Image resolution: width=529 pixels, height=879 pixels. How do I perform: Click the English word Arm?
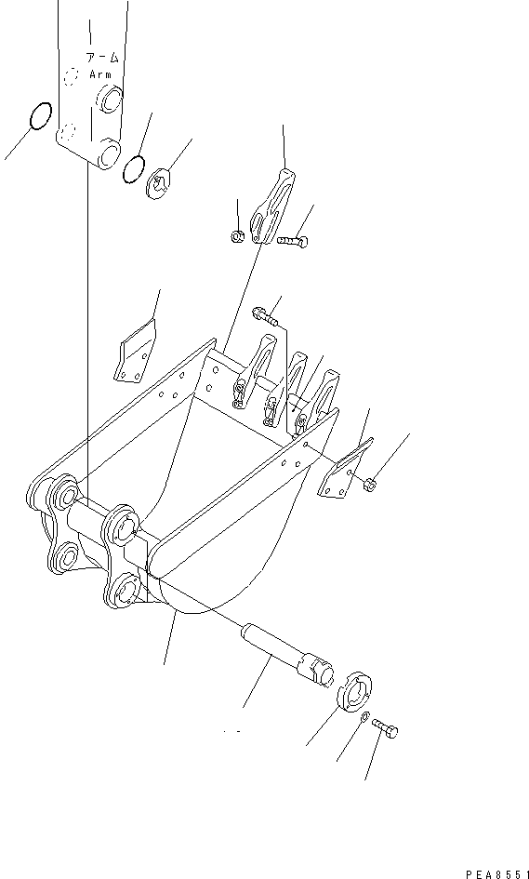tap(99, 73)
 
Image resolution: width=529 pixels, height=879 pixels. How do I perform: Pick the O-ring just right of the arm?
tap(134, 167)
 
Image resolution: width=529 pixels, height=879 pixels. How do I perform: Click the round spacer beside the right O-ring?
tap(160, 183)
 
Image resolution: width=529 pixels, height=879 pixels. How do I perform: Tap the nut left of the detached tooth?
tap(237, 236)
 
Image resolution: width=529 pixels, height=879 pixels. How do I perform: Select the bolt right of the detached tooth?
tap(291, 241)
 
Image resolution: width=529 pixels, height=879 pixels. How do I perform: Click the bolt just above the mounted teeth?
tap(265, 317)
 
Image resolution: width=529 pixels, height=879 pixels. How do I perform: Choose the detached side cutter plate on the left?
tap(134, 353)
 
